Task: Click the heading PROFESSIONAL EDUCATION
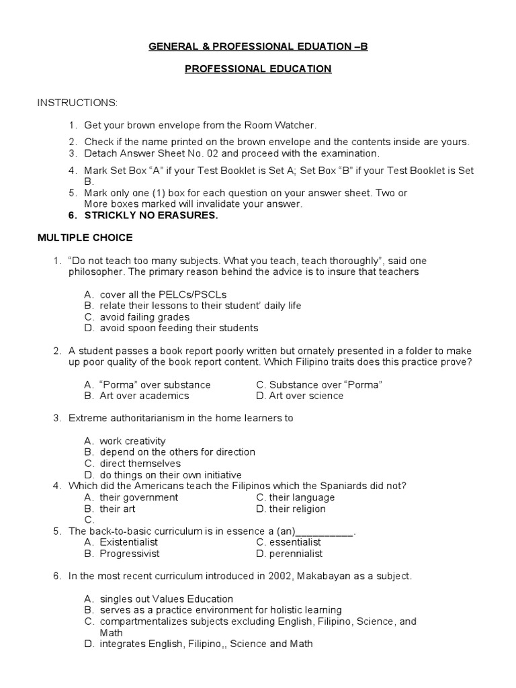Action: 258,69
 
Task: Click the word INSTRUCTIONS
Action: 77,103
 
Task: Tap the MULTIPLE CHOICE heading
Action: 85,238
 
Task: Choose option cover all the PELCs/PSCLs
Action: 163,294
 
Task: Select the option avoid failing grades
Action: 144,316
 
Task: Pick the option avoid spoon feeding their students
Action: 179,328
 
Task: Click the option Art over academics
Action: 140,396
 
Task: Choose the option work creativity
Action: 132,441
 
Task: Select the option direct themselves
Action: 140,464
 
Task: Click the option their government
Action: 138,497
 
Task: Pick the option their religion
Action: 297,509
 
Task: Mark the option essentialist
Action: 295,542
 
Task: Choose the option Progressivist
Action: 128,554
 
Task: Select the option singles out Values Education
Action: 166,599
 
